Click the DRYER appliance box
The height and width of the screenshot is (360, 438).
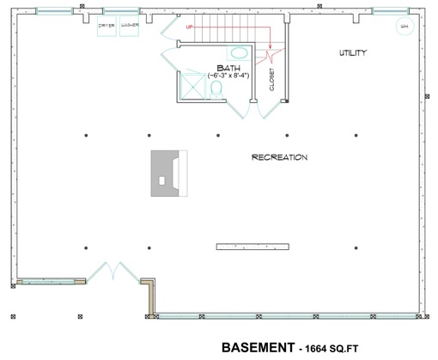pos(106,26)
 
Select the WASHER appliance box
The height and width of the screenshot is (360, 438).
pos(129,26)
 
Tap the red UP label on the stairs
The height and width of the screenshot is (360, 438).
pos(190,27)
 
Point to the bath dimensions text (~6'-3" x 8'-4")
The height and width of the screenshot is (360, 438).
pos(228,76)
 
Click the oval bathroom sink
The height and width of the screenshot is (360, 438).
pos(240,53)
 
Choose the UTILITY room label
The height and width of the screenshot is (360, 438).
pos(352,53)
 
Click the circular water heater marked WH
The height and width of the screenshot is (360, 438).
pos(404,27)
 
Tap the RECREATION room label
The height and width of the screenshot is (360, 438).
pos(279,157)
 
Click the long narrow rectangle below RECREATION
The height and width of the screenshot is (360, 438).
pos(255,247)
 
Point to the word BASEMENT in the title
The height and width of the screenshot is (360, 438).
pos(257,348)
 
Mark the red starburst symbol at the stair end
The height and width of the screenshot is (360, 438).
pos(272,56)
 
